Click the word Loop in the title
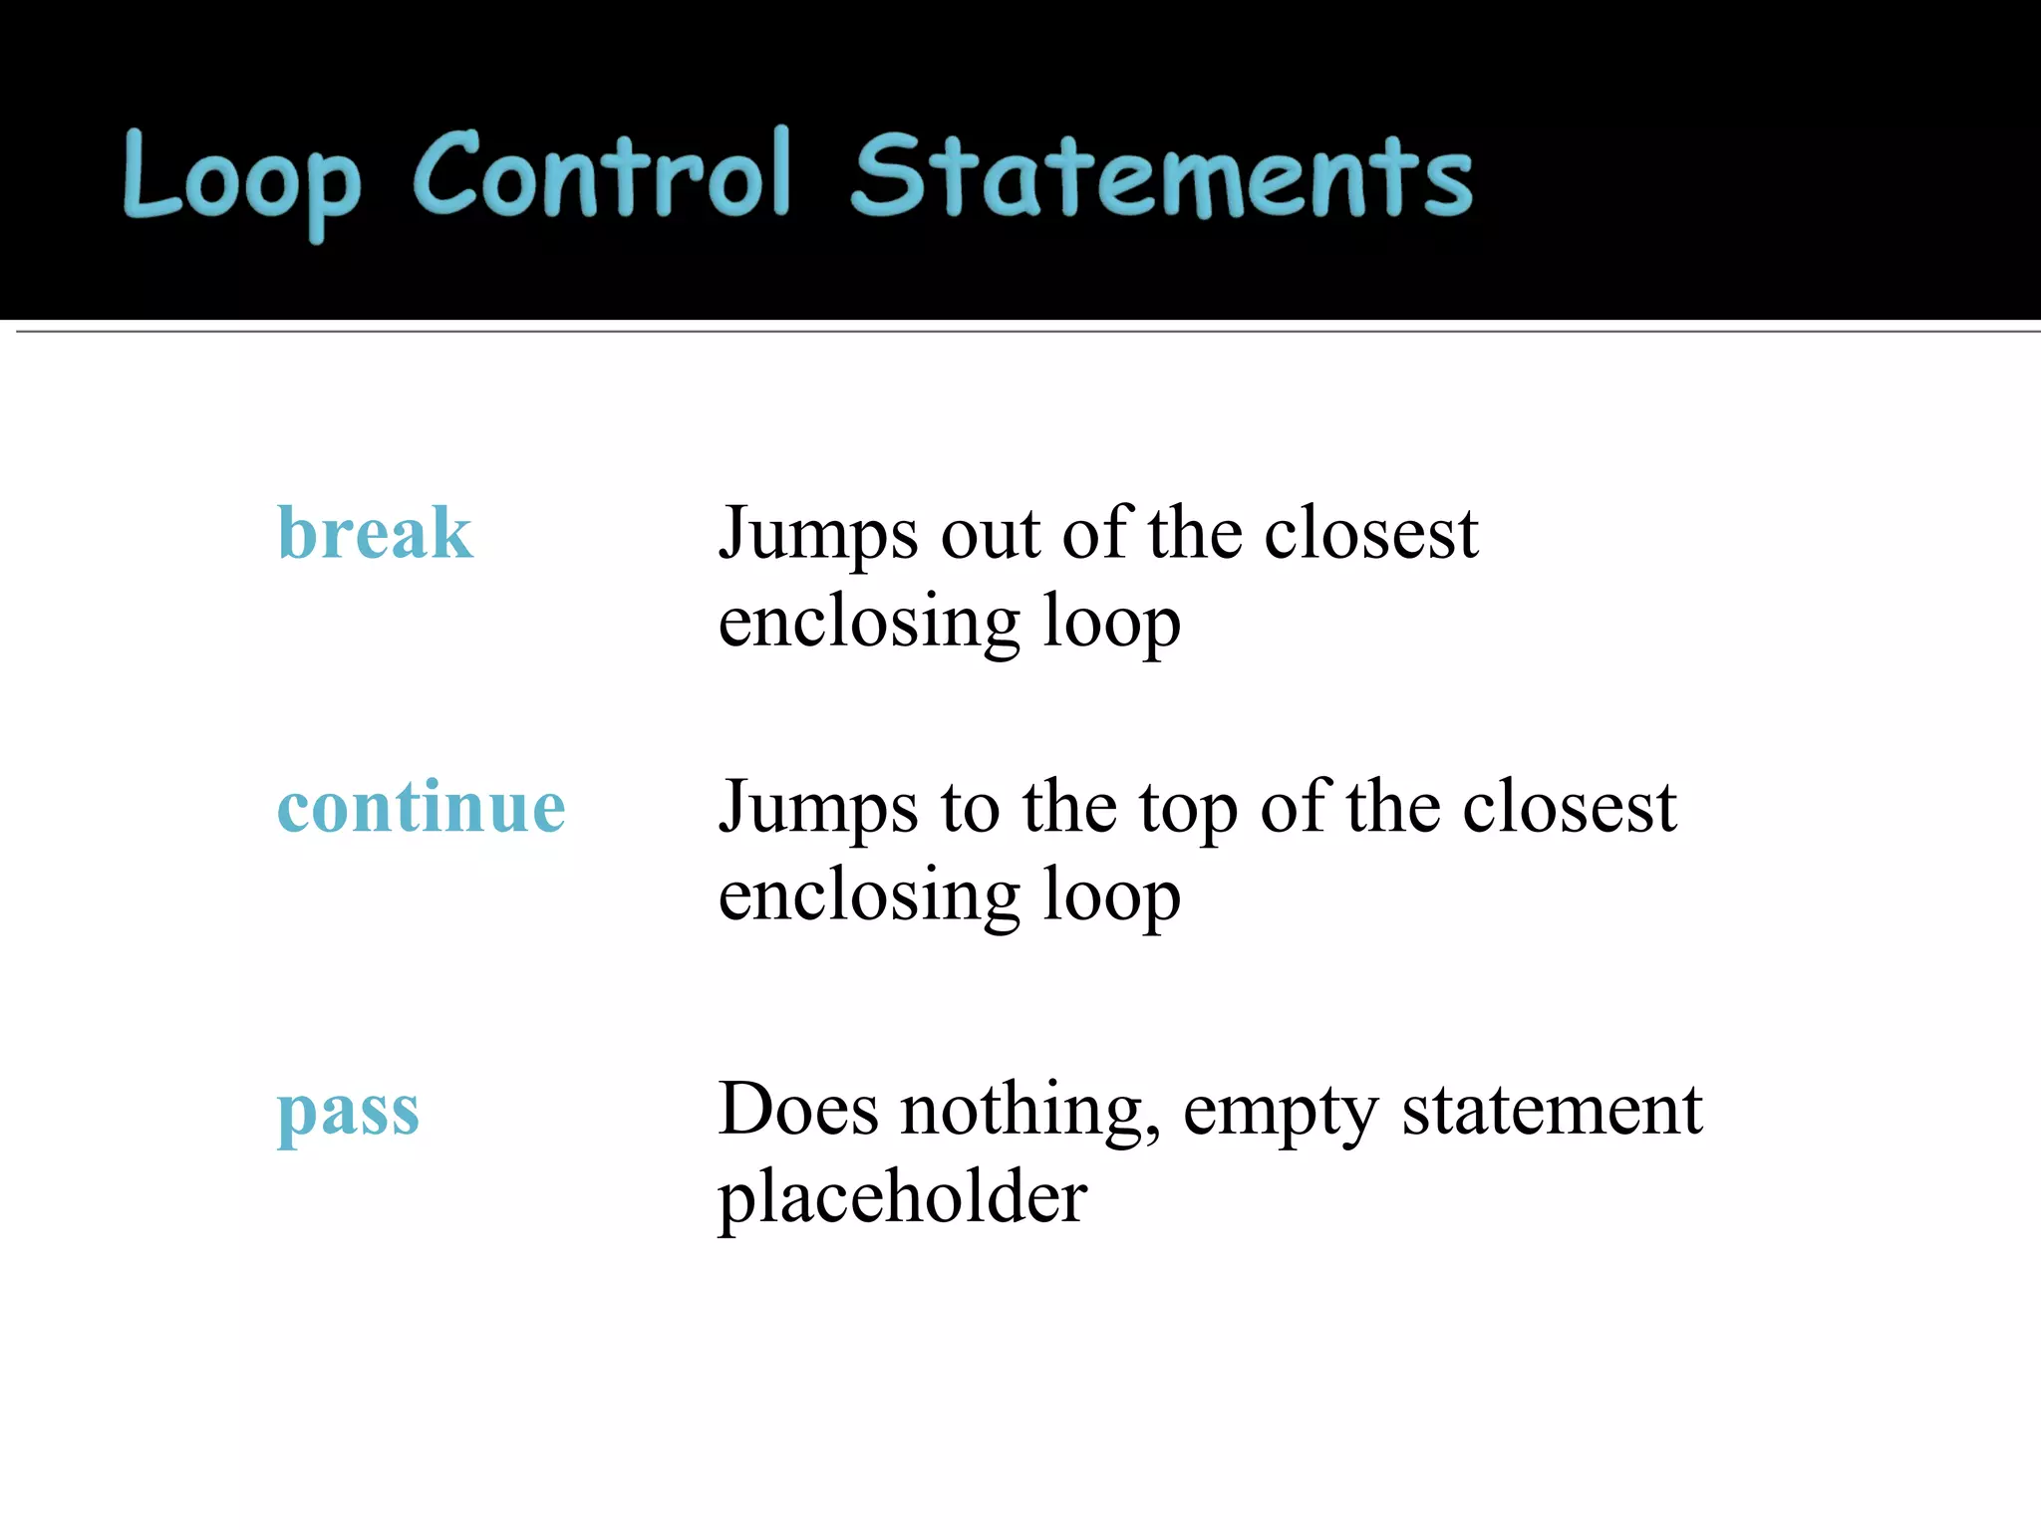[241, 179]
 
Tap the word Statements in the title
[1162, 176]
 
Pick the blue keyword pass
[348, 1110]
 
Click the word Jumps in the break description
[818, 535]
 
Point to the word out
[990, 535]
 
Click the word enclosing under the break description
[869, 622]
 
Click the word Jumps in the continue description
[818, 808]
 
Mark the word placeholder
[903, 1197]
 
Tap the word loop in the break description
[1111, 622]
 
